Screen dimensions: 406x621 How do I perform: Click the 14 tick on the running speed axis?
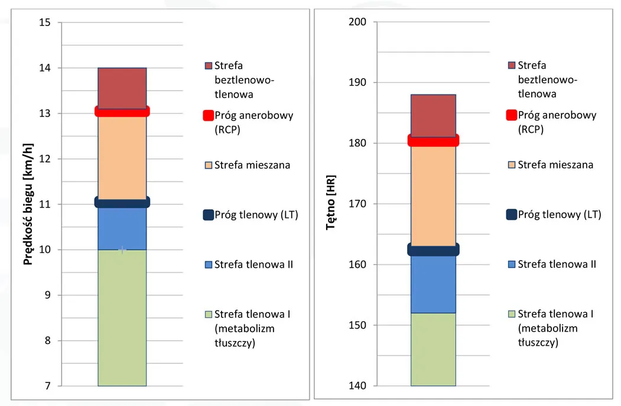[x=45, y=68]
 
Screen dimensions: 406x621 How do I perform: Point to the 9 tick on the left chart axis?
[x=48, y=295]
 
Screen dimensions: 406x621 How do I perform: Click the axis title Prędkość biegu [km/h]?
[x=28, y=204]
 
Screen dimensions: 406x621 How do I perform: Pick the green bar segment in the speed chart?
[x=122, y=319]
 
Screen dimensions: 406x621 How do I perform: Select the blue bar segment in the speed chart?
[x=122, y=228]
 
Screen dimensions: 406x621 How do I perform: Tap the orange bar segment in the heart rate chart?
[x=433, y=195]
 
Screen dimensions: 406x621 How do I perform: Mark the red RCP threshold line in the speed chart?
[x=122, y=111]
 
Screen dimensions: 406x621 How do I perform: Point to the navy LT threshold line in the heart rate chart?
[x=433, y=250]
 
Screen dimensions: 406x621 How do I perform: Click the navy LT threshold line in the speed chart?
[x=122, y=202]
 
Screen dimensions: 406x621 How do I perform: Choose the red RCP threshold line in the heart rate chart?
[x=433, y=140]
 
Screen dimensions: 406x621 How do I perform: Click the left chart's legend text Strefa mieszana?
[x=252, y=165]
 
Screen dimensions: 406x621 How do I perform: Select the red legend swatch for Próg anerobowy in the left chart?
[x=208, y=115]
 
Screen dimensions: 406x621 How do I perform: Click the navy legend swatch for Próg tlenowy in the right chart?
[x=512, y=215]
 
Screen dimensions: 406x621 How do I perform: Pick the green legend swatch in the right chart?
[x=512, y=314]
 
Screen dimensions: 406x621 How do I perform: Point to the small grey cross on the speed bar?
[x=122, y=250]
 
